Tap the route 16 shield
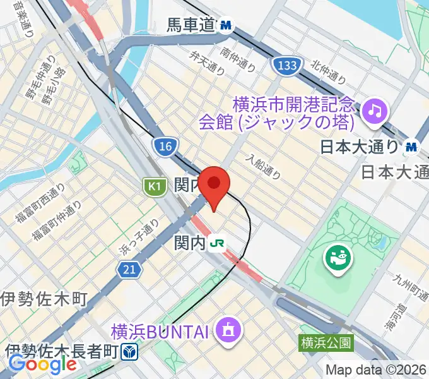(164, 147)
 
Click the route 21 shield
(128, 270)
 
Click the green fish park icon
(337, 256)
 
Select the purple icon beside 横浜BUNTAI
(225, 329)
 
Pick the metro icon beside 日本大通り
(412, 147)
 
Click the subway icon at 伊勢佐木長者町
(129, 351)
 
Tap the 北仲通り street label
(328, 71)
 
